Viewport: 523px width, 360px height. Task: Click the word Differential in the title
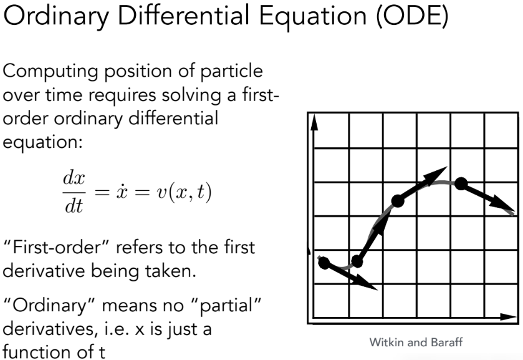184,15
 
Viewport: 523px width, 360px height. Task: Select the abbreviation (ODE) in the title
413,16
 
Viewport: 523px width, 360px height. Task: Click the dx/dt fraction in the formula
74,192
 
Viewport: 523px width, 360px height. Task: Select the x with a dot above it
122,192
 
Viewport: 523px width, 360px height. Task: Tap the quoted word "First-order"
56,248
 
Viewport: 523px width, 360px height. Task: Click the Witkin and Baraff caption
416,343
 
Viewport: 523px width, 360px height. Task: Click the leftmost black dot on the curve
324,263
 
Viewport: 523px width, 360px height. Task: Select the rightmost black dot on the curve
461,183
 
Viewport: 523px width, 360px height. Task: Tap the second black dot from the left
357,261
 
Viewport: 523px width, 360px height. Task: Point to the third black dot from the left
398,201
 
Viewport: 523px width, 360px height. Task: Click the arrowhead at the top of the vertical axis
314,122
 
